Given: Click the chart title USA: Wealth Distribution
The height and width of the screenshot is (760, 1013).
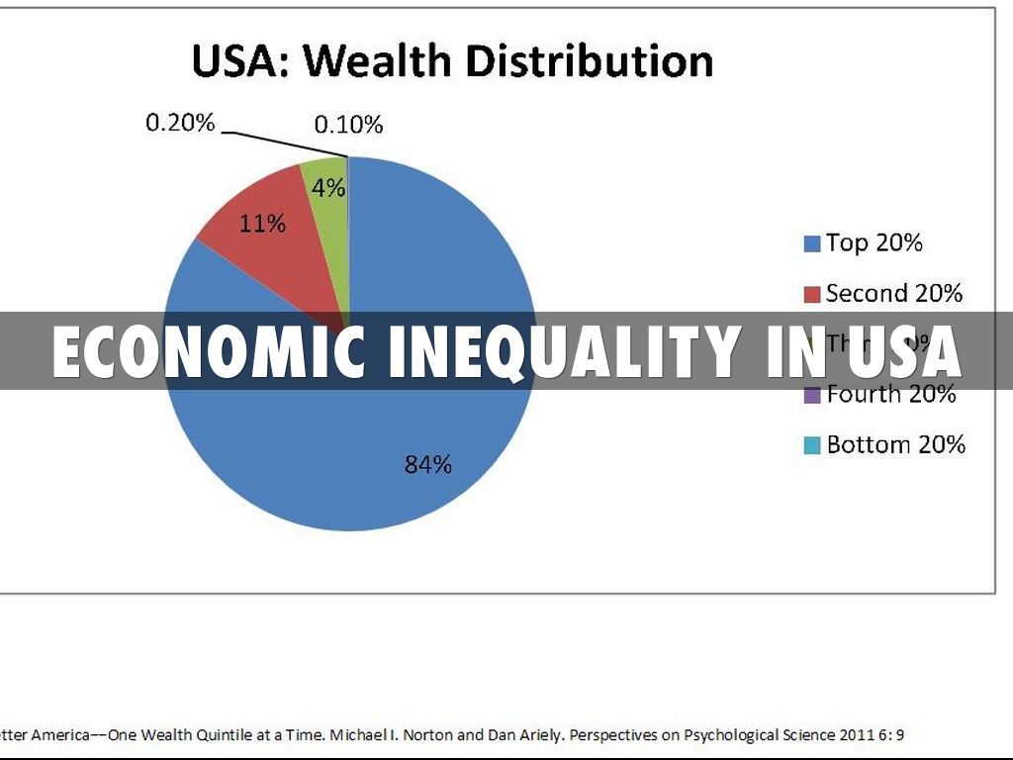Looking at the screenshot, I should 452,61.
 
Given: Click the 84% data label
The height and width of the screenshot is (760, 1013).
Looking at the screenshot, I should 427,463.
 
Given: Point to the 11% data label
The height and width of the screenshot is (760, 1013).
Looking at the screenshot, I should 262,224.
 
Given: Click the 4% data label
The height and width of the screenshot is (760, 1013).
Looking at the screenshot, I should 328,187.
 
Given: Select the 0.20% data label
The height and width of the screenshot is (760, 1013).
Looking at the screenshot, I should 180,123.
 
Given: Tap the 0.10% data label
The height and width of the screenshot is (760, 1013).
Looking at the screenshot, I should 348,125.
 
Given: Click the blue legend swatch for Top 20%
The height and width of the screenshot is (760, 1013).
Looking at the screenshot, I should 813,243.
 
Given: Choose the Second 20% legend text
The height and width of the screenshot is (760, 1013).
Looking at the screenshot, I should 893,293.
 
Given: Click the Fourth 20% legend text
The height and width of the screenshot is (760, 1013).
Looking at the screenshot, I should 891,395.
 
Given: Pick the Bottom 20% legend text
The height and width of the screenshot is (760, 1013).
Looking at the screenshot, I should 895,444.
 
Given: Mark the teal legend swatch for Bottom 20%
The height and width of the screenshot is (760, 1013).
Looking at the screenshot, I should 813,445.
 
